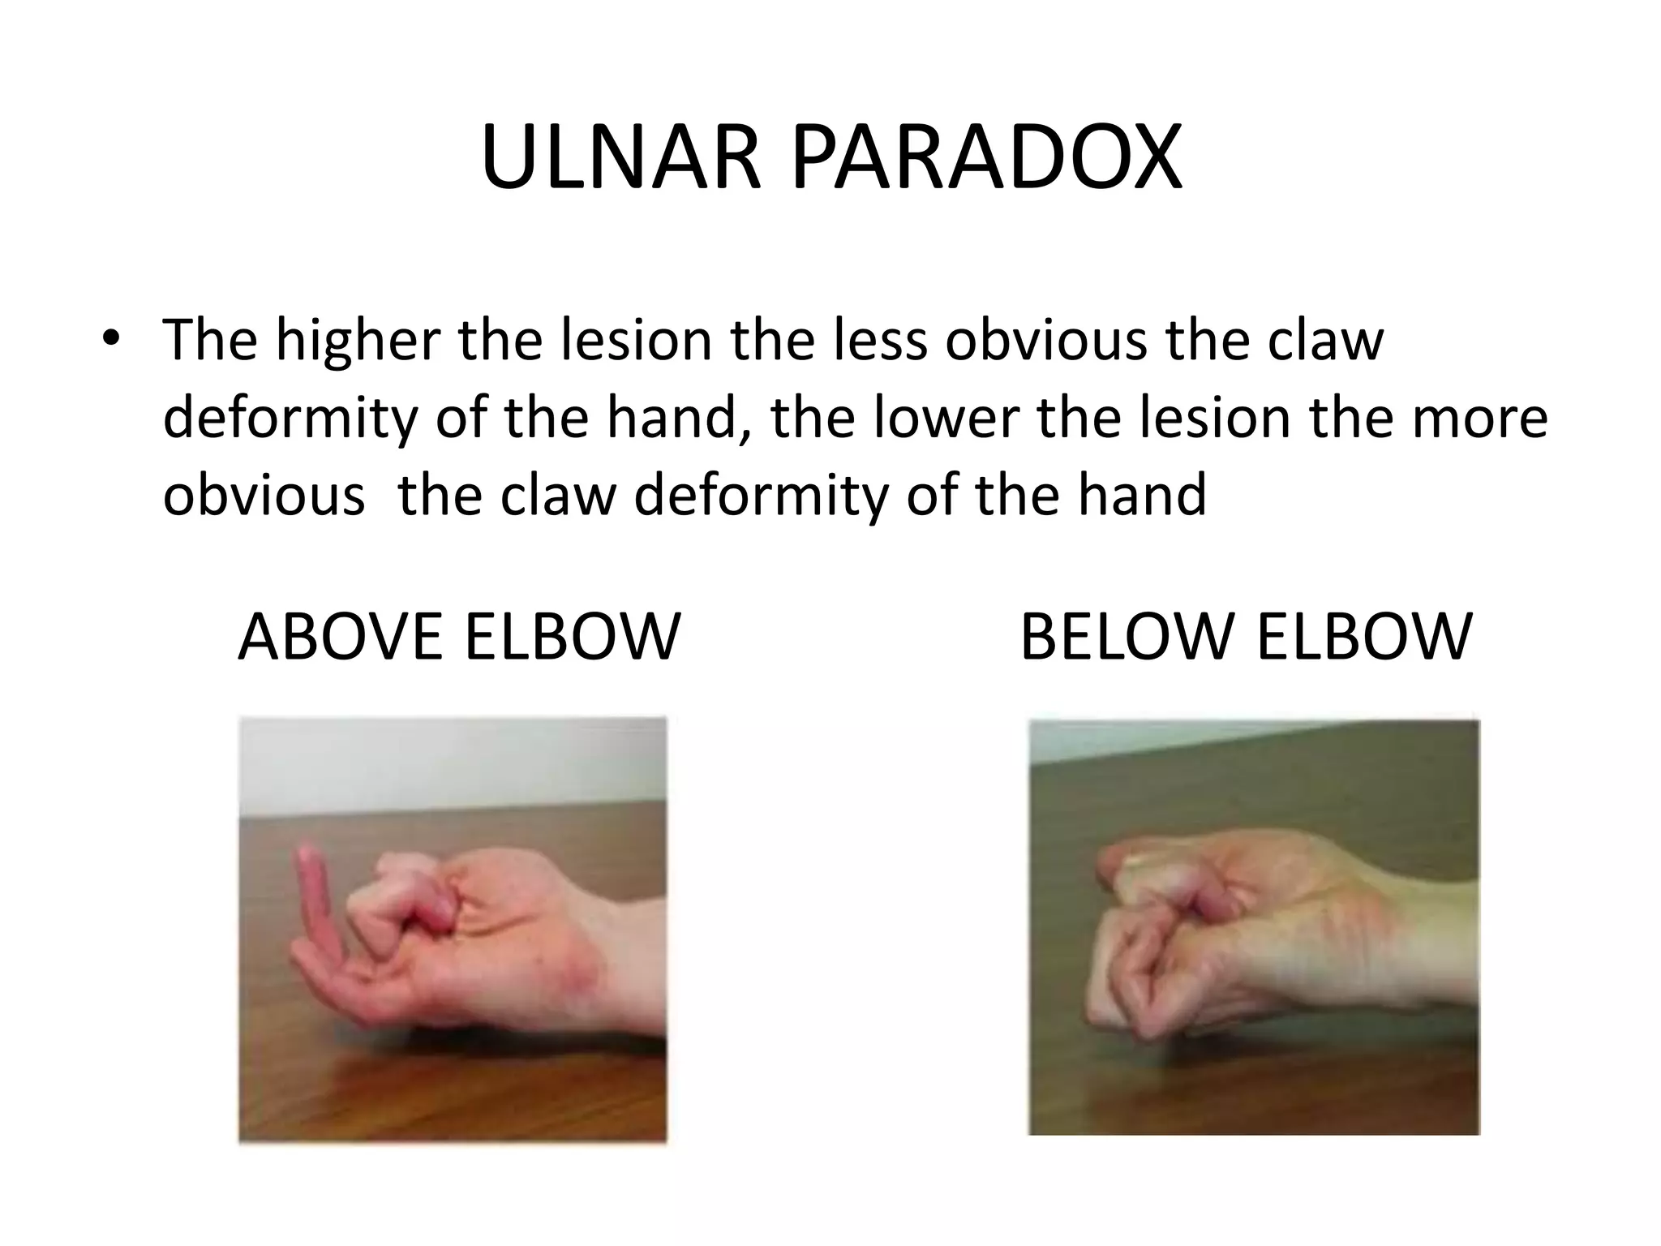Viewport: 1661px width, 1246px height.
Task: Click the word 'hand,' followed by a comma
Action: point(679,417)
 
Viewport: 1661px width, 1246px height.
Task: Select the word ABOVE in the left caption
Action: point(341,638)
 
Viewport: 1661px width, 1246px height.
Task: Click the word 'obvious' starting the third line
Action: point(264,495)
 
